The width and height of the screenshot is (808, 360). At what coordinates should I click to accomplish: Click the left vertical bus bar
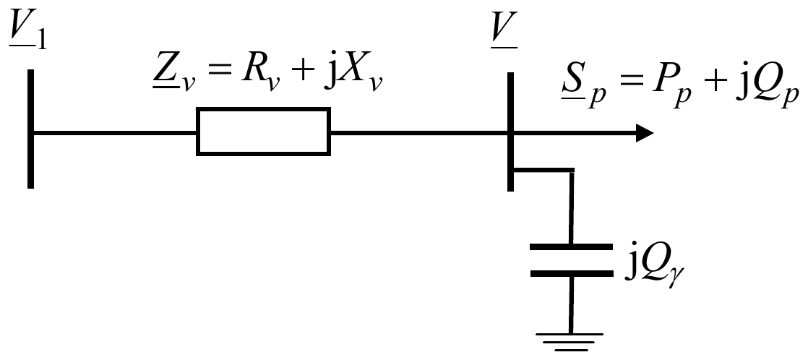pyautogui.click(x=31, y=129)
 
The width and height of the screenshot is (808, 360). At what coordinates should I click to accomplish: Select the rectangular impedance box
pyautogui.click(x=263, y=132)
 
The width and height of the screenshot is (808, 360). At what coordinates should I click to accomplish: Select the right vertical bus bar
pyautogui.click(x=511, y=132)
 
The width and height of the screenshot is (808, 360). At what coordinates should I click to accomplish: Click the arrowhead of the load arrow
pyautogui.click(x=645, y=133)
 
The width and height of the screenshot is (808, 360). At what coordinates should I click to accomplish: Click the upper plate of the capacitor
pyautogui.click(x=572, y=247)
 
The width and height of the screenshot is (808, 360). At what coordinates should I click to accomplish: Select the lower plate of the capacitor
pyautogui.click(x=572, y=273)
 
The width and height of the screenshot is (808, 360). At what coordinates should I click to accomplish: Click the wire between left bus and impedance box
pyautogui.click(x=115, y=133)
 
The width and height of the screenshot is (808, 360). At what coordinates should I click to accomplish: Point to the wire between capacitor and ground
pyautogui.click(x=570, y=305)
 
